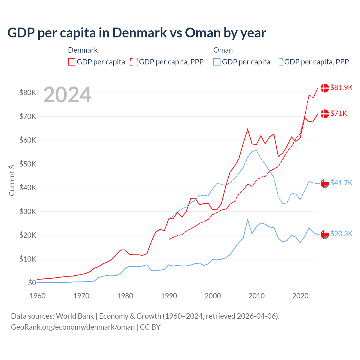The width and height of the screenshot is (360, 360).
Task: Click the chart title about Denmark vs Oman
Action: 137,33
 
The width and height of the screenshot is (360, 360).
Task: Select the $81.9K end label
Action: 341,87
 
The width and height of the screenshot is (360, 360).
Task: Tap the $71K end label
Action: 339,113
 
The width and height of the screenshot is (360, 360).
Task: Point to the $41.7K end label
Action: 341,183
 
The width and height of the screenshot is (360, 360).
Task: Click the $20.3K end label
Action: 341,234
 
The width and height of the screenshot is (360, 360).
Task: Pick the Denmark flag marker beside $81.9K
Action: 325,88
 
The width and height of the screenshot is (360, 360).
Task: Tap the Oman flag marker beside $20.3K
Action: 325,234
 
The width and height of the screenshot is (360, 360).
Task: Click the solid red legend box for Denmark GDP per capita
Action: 72,62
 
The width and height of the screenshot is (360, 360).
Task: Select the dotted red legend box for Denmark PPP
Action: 134,62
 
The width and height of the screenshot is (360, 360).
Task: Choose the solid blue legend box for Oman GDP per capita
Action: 217,62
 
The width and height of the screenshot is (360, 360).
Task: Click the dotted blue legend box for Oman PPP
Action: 279,62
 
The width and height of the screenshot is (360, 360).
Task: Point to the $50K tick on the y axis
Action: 28,164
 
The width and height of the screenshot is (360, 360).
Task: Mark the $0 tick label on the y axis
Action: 32,283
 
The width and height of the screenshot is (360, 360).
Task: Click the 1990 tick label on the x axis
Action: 169,296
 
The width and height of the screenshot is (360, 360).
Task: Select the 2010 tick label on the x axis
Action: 256,296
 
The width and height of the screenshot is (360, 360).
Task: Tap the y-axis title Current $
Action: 12,180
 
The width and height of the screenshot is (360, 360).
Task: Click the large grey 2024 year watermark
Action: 67,95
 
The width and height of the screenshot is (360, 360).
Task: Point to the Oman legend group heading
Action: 223,50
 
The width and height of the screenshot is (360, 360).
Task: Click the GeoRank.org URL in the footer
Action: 73,327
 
